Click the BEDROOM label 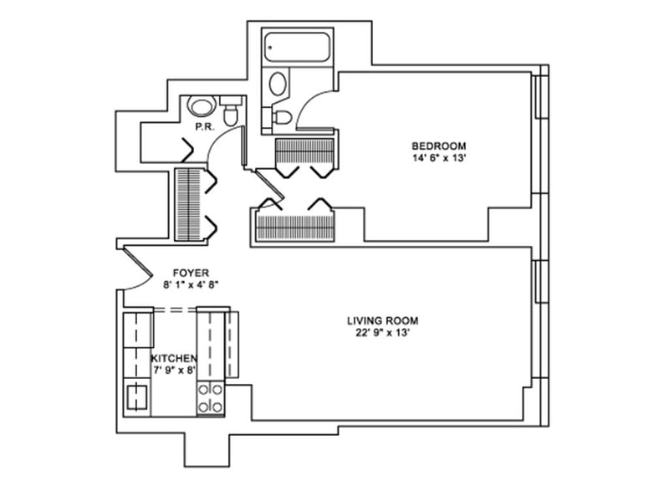(438, 145)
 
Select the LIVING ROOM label (382, 320)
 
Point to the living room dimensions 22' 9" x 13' (382, 333)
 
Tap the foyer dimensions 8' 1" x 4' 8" (190, 284)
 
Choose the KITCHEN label (174, 358)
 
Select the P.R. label (202, 128)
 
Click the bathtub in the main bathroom (298, 48)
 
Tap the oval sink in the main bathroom (278, 84)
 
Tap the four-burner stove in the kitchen (209, 398)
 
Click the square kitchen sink (136, 397)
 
